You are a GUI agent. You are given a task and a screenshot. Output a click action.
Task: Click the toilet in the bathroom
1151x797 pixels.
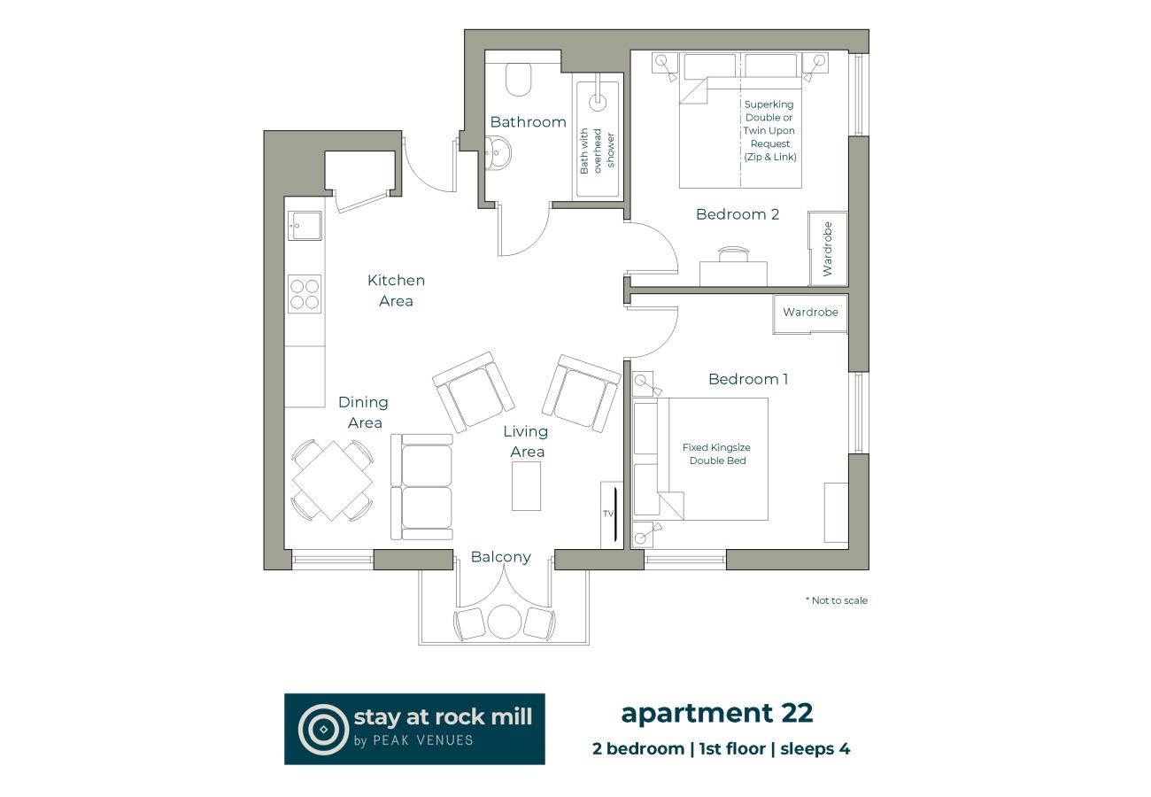519,79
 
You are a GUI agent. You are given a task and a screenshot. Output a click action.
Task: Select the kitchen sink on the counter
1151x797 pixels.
304,226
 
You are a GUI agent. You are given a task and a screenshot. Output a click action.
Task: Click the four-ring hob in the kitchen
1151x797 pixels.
304,294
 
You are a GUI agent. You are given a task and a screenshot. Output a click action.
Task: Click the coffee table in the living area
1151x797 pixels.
526,486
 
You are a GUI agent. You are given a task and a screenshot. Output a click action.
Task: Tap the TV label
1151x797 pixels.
607,514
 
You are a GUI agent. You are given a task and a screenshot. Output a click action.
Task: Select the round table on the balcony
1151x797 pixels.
504,621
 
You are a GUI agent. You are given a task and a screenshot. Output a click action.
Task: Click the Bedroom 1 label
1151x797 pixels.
748,379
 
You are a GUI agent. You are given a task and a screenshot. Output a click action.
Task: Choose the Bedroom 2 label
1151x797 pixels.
737,214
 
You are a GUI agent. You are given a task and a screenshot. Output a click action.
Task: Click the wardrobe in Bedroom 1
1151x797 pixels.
810,313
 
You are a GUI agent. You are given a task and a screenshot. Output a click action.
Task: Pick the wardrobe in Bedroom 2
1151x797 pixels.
828,249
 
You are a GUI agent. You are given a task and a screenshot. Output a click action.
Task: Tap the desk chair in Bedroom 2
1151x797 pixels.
733,254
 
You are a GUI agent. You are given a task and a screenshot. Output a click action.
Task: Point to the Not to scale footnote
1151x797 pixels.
837,600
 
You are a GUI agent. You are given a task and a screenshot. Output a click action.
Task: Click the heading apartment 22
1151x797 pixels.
716,712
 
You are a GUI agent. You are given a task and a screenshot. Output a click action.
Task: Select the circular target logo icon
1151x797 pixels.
322,729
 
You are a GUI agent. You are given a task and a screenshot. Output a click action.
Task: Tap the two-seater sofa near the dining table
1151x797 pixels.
422,487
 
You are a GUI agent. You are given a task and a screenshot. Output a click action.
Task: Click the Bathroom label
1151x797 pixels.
528,122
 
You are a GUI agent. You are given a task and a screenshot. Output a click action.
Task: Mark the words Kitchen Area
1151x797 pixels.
396,290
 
